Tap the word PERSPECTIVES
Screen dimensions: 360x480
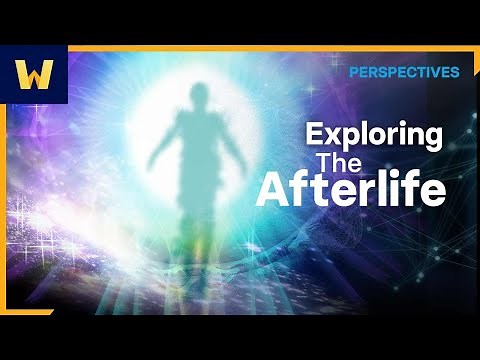(404, 72)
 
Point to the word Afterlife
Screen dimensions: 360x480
(350, 189)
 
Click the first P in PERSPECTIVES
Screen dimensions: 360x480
(354, 72)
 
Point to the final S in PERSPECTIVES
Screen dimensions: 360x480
(455, 72)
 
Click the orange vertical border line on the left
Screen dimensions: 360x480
(8, 220)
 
